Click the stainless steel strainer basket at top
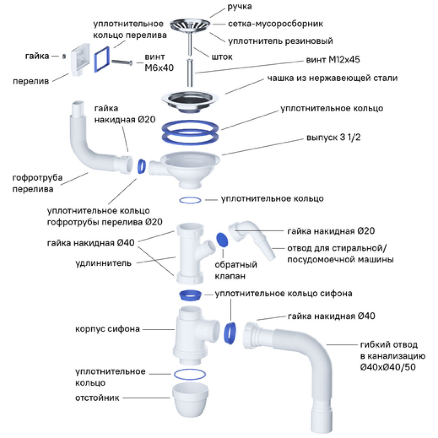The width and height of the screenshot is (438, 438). [x=190, y=25]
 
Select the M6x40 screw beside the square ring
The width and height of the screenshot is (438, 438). [x=122, y=62]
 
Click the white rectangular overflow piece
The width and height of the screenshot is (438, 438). [x=80, y=59]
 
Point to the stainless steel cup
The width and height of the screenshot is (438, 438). [x=190, y=101]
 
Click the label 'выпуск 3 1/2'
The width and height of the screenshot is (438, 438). [x=334, y=138]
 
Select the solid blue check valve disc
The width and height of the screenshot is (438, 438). [x=222, y=240]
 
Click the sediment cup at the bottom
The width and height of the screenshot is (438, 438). [x=190, y=399]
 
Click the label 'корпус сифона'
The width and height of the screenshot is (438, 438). [x=108, y=329]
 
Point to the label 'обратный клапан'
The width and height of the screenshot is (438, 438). [x=236, y=270]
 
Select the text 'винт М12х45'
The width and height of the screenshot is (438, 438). [x=333, y=60]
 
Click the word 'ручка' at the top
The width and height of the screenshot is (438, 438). [x=239, y=7]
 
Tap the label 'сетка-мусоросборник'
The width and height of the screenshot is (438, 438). [x=275, y=24]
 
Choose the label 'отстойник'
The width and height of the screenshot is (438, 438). [x=97, y=398]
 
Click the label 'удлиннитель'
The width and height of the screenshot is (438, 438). [x=103, y=263]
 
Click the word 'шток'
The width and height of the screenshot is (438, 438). [x=222, y=57]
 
